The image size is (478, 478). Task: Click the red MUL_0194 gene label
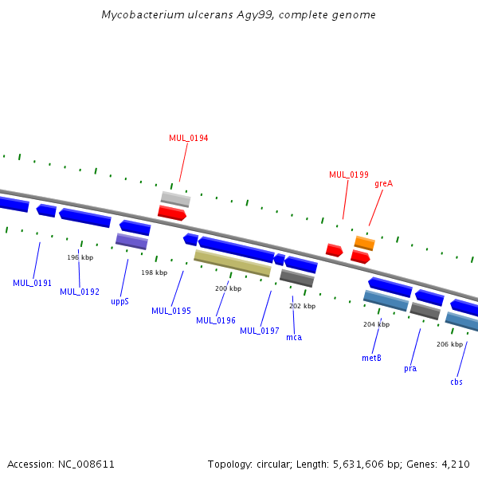(188, 138)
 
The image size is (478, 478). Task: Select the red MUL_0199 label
(348, 174)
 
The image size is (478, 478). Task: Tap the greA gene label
(383, 183)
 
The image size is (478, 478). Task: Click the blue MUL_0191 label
(32, 283)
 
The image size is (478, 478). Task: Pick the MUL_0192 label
(80, 292)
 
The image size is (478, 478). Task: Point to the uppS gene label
(119, 302)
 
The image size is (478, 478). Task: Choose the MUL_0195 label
(171, 311)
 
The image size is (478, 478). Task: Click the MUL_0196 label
(216, 320)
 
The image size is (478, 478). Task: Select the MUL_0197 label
(260, 331)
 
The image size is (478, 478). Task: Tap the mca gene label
(294, 338)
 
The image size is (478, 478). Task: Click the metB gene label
(371, 358)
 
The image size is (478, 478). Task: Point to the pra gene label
(410, 368)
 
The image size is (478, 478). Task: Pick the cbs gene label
(456, 382)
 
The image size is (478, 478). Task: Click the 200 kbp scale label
(228, 288)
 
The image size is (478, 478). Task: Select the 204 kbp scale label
(376, 324)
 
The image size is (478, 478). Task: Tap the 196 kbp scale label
(80, 257)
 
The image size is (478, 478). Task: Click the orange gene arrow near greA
(364, 242)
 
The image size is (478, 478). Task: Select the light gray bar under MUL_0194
(175, 198)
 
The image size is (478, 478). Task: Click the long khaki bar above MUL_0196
(233, 263)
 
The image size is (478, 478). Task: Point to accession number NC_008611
(88, 464)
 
